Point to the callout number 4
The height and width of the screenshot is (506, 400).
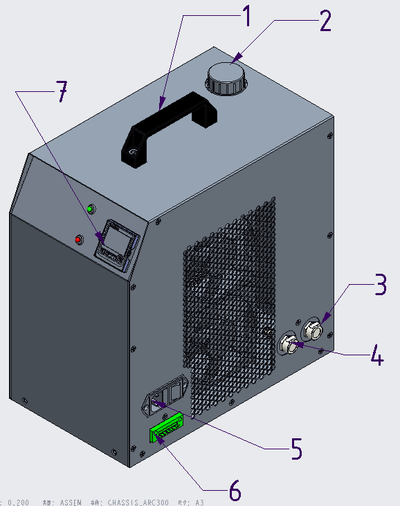click(375, 356)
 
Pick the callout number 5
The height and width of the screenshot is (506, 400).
click(296, 450)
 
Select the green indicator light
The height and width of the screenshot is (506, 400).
click(90, 208)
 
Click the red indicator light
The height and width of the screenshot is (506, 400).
click(78, 240)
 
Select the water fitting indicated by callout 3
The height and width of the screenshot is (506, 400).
click(313, 330)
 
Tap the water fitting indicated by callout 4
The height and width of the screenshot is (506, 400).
click(289, 344)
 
